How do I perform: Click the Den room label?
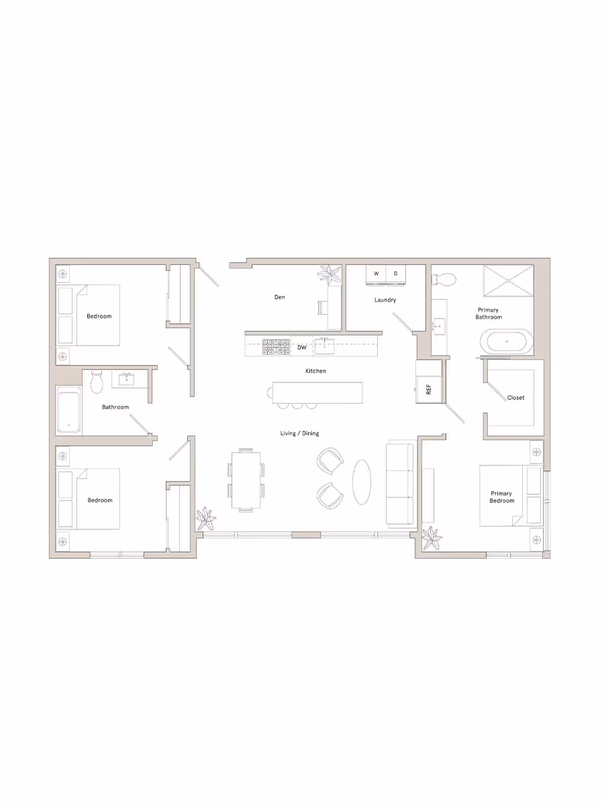(x=280, y=297)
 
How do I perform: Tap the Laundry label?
(x=385, y=300)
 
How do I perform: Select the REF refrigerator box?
(x=428, y=390)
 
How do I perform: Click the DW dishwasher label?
(x=302, y=347)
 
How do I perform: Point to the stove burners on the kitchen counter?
(x=275, y=347)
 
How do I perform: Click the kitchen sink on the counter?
(x=325, y=346)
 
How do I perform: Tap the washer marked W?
(x=376, y=274)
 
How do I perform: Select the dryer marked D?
(x=395, y=274)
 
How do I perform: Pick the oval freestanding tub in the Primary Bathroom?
(x=507, y=342)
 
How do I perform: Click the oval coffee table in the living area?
(x=362, y=482)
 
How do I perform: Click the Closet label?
(x=516, y=398)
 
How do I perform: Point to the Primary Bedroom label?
(x=502, y=497)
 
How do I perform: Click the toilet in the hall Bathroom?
(x=96, y=382)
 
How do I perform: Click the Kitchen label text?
(x=315, y=371)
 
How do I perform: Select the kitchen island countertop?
(x=317, y=392)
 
